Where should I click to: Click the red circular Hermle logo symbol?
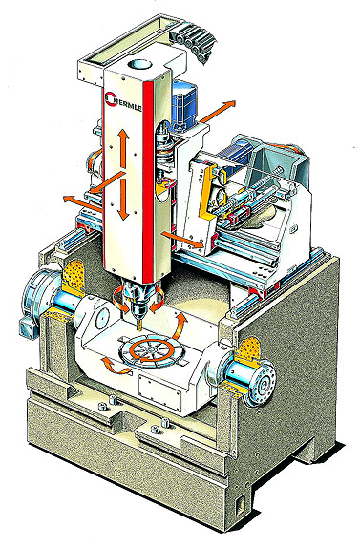[110, 97]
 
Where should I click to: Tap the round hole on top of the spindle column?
[139, 65]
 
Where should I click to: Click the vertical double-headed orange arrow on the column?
[122, 174]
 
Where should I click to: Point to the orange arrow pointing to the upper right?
[218, 111]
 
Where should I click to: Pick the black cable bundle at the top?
[192, 42]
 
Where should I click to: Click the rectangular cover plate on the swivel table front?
[160, 389]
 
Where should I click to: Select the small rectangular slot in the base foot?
[239, 506]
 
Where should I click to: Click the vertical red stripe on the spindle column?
[148, 180]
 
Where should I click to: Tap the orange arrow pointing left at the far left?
[81, 203]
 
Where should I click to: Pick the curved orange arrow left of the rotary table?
[113, 366]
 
